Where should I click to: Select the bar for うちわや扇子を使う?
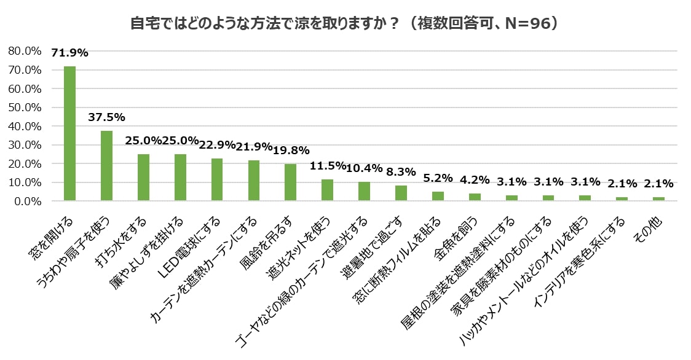pyautogui.click(x=106, y=166)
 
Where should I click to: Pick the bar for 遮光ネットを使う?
pyautogui.click(x=327, y=190)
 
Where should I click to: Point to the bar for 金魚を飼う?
pyautogui.click(x=474, y=197)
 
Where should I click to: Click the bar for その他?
pyautogui.click(x=658, y=199)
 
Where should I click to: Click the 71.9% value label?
pyautogui.click(x=69, y=53)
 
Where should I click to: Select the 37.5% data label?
pyautogui.click(x=106, y=117)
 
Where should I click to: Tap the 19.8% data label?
pyautogui.click(x=290, y=151)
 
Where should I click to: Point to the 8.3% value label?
pyautogui.click(x=401, y=172)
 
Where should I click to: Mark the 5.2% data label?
pyautogui.click(x=438, y=178)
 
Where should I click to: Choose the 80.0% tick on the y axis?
pyautogui.click(x=25, y=51)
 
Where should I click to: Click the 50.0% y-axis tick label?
pyautogui.click(x=25, y=108)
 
